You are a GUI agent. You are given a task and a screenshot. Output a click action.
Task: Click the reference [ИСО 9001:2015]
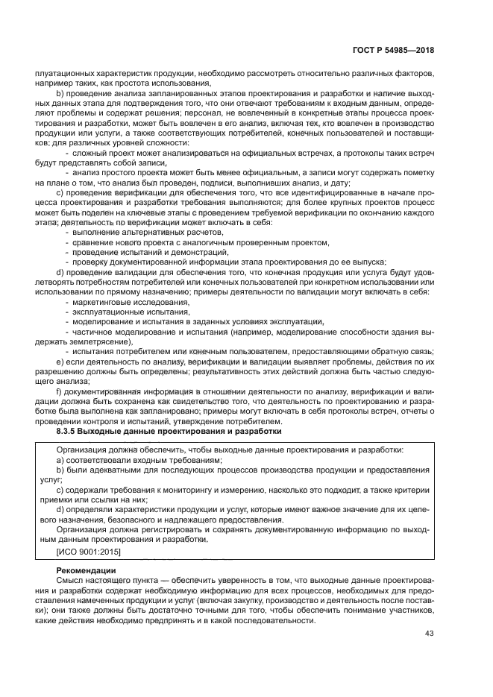[x=88, y=551]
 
